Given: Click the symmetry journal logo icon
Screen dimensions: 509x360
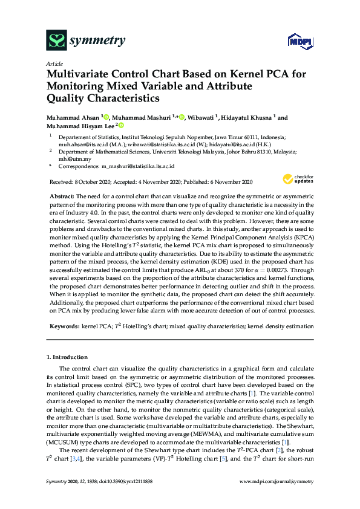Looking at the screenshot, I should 56,41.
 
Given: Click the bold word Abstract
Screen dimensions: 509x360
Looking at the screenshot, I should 61,196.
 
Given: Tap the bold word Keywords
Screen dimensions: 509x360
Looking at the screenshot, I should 64,326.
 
